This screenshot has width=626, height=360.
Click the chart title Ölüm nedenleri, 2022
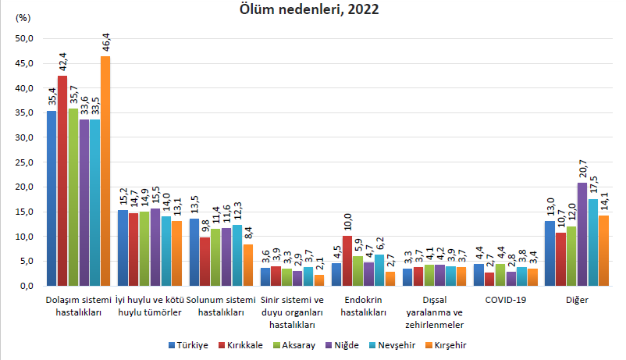pos(309,9)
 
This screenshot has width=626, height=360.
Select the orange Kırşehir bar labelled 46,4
pos(105,171)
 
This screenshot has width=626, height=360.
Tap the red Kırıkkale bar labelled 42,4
pos(62,180)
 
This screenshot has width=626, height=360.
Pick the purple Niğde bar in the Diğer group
pos(582,234)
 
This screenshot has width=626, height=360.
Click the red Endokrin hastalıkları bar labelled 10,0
pos(347,261)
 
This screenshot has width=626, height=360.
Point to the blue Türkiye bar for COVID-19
pos(478,275)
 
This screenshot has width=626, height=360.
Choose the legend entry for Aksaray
pos(294,345)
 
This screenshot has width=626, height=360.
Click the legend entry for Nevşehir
pos(393,345)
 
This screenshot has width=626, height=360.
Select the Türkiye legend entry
pos(188,345)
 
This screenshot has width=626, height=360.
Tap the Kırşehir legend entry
pos(446,345)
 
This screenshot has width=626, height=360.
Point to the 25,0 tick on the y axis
pos(24,162)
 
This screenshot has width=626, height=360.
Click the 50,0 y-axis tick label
pos(24,39)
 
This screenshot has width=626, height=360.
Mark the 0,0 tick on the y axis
pos(27,286)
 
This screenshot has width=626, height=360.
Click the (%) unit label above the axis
pos(23,18)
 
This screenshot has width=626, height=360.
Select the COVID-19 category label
pos(506,300)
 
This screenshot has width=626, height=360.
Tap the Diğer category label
pos(577,300)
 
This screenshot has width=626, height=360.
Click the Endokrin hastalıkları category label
pos(363,306)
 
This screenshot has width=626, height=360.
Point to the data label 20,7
pos(583,169)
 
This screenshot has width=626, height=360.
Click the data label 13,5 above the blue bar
pos(195,204)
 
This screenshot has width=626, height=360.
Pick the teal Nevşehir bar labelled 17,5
pos(593,243)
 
